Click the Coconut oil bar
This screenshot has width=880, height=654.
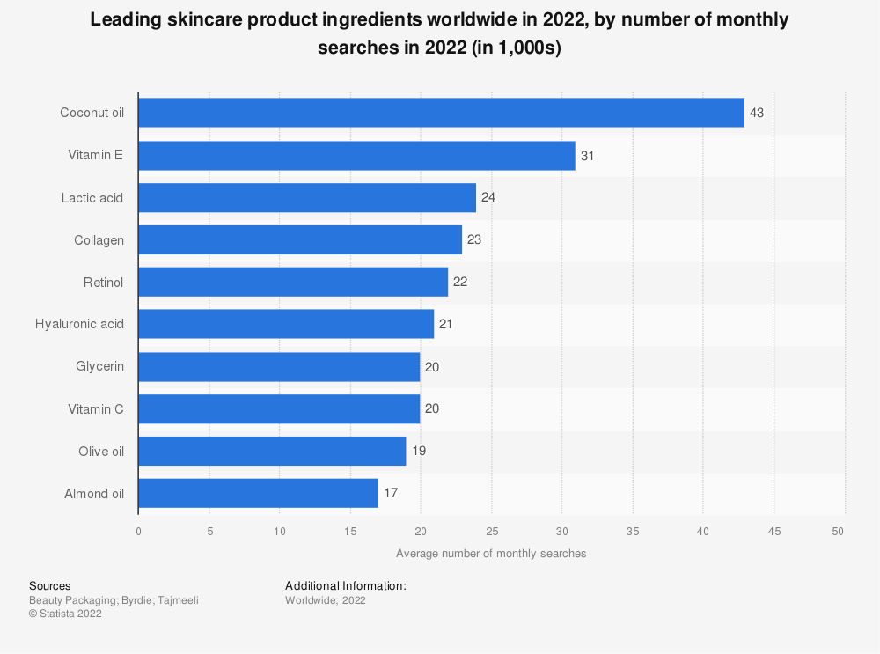point(441,113)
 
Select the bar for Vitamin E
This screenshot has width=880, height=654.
point(356,155)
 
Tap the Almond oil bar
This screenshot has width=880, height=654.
point(258,493)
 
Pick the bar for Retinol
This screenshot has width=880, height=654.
point(293,282)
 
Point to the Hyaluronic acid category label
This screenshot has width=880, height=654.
point(79,324)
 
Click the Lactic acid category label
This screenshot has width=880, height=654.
point(92,197)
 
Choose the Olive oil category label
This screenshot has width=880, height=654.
point(100,451)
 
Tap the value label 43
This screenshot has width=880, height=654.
point(757,113)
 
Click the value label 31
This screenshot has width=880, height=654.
point(588,155)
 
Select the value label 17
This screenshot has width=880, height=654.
point(391,493)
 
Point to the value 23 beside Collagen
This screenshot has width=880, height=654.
point(474,239)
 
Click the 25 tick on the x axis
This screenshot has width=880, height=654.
point(491,532)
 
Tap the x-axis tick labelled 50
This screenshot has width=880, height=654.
point(838,532)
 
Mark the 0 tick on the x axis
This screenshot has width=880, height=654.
point(138,532)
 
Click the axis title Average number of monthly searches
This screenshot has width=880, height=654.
point(491,554)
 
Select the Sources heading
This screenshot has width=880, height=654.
point(50,585)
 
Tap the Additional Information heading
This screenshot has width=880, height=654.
point(345,585)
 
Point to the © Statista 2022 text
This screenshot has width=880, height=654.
point(65,614)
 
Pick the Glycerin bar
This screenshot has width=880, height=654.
point(279,366)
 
